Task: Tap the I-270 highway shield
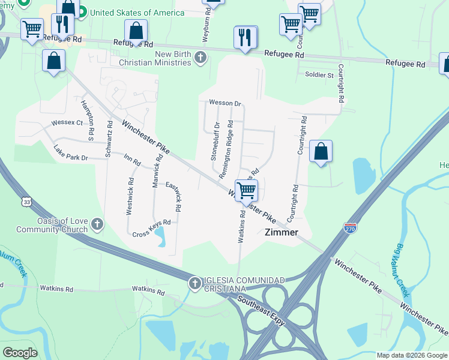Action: point(351,228)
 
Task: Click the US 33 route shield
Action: point(25,202)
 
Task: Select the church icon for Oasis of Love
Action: point(97,225)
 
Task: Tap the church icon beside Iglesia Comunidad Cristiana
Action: point(194,284)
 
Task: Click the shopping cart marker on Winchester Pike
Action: point(246,190)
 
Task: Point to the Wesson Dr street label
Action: point(224,103)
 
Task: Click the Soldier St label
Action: point(319,75)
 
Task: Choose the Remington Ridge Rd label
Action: point(226,151)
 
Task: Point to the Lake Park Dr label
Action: point(70,153)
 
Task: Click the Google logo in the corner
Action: point(20,353)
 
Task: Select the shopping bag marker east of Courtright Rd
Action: point(321,152)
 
